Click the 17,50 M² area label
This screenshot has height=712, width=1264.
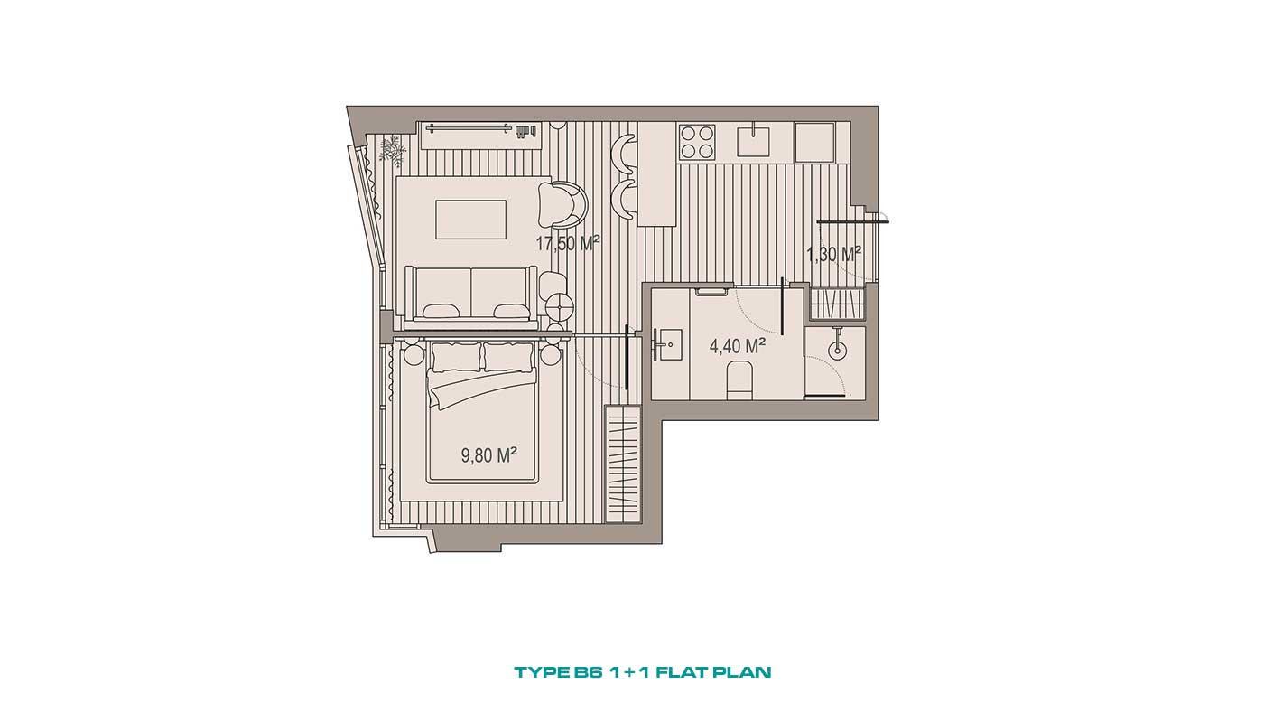click(567, 243)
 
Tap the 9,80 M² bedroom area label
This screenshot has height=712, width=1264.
click(489, 455)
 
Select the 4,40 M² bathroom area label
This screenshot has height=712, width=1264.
click(737, 345)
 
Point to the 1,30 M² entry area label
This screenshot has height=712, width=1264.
click(833, 255)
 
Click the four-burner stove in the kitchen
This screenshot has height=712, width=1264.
click(697, 142)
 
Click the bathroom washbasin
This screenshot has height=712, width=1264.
click(668, 344)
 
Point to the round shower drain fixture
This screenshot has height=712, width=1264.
click(838, 349)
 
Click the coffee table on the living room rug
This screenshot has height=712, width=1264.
click(470, 220)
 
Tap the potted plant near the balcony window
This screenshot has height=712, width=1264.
click(391, 150)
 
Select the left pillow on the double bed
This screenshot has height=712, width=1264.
click(457, 357)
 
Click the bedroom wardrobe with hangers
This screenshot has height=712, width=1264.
click(623, 464)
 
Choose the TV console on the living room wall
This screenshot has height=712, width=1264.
click(479, 135)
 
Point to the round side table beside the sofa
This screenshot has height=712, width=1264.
click(561, 306)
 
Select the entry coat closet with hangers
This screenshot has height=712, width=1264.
click(838, 304)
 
